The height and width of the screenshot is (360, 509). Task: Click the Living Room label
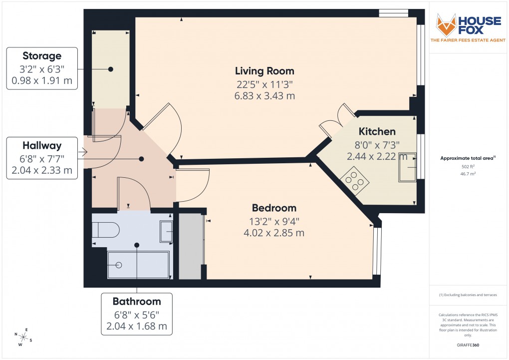[x=265, y=71]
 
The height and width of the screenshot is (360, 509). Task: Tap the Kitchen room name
[x=377, y=132]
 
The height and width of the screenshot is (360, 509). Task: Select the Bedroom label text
[x=274, y=208]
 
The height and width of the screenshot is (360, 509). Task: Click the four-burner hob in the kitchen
[x=354, y=181]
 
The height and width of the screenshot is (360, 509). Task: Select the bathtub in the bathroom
[x=139, y=265]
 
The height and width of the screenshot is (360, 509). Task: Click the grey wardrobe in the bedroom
[x=190, y=246]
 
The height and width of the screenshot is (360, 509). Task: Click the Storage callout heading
[x=42, y=56]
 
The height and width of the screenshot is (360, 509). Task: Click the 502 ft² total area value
[x=468, y=167]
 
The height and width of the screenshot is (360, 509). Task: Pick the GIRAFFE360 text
[x=468, y=345]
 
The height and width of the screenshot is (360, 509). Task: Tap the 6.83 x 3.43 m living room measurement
[x=265, y=96]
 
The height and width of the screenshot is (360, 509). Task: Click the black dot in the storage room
[x=111, y=69]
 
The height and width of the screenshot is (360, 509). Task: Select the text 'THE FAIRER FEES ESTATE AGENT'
[x=468, y=40]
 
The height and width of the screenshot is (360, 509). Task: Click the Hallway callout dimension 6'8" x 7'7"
[x=42, y=158]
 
